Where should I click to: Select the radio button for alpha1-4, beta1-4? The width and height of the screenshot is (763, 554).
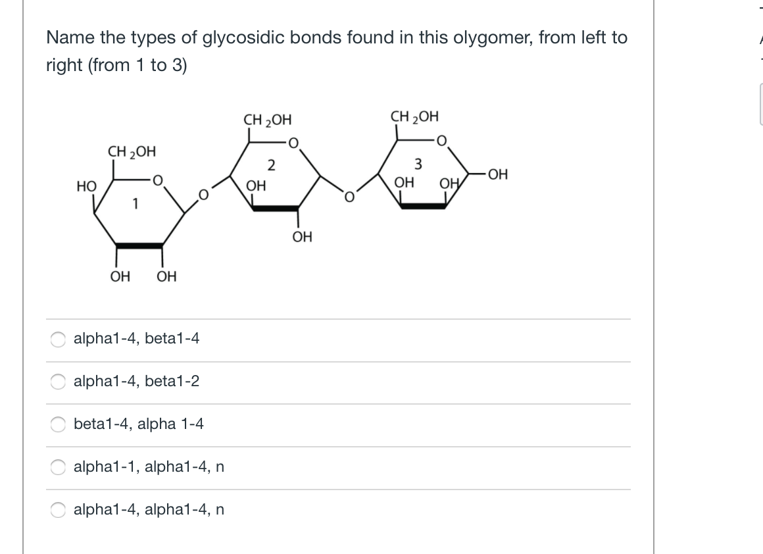coord(59,339)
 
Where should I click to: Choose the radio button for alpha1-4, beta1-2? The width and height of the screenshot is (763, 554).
coord(59,382)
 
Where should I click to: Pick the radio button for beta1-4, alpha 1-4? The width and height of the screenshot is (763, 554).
coord(59,424)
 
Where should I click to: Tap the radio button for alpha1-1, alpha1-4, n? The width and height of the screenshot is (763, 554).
coord(59,467)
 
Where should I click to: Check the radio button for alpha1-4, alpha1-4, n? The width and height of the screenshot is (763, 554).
coord(59,510)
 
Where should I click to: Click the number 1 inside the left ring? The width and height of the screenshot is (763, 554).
coord(135,205)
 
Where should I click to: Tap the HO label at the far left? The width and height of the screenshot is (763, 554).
coord(85,187)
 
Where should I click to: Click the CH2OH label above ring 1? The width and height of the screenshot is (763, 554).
coord(132,152)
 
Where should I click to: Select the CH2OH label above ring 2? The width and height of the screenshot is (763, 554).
coord(267,120)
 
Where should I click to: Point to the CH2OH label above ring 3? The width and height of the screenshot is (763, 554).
coord(414,118)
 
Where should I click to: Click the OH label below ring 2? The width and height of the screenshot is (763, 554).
coord(303,236)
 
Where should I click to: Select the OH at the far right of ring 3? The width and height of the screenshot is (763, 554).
coord(499,175)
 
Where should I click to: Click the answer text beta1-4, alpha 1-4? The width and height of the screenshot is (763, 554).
coord(139,424)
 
